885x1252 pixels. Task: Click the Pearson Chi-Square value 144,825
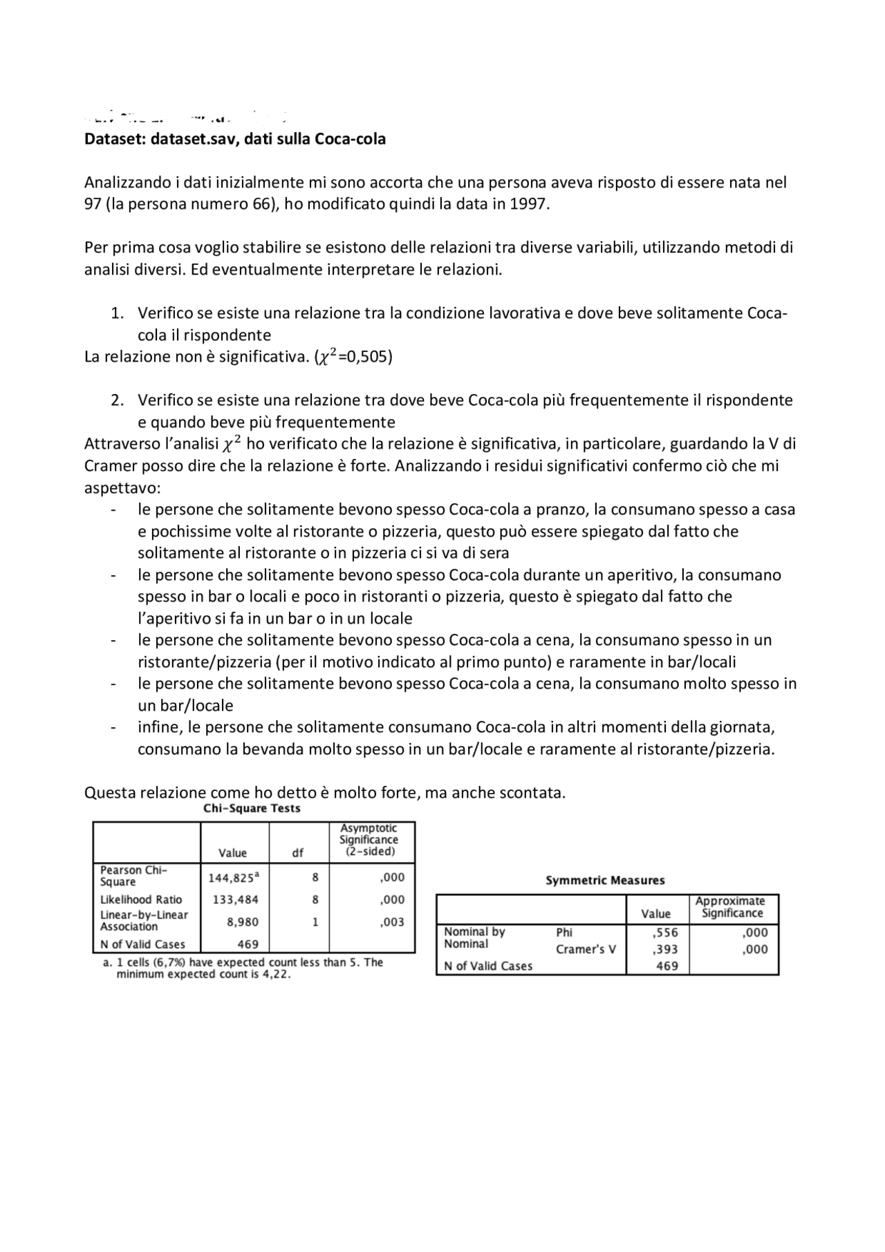[233, 877]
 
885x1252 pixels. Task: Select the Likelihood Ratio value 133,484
[233, 899]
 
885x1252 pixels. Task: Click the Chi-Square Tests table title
[252, 808]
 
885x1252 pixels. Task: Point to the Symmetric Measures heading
[605, 880]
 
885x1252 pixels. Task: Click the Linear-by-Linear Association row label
[144, 921]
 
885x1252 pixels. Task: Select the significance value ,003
[392, 922]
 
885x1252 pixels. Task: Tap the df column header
[298, 852]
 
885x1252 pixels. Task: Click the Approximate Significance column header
[730, 907]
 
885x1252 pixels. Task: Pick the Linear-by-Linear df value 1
[315, 922]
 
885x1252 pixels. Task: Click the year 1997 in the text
[530, 205]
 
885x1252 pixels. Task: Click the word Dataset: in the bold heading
[114, 139]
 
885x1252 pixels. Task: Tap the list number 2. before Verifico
[118, 400]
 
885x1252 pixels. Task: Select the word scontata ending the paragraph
[534, 792]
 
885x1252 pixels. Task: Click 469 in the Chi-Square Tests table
[248, 944]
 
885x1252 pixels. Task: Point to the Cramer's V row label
[586, 949]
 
